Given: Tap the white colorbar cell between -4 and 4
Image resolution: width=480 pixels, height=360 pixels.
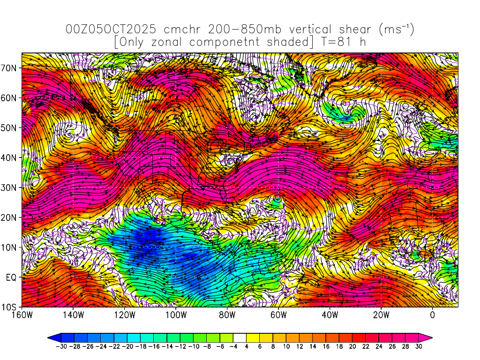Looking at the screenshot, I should pos(239,337).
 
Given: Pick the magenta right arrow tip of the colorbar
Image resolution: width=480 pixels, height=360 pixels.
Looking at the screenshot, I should pos(429,337).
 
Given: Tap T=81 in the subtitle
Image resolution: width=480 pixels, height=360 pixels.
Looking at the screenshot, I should pos(336,42).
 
